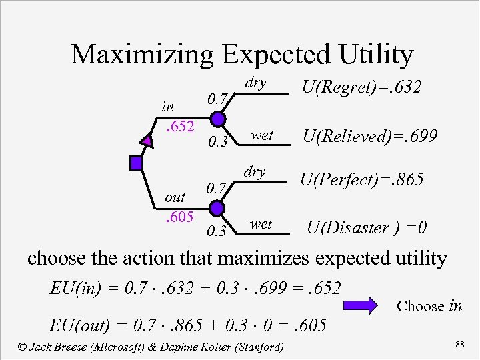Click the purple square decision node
137,162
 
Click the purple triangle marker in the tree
147,139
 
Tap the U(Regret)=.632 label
361,87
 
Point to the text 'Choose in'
429,307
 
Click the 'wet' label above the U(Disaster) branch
261,224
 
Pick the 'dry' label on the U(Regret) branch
255,83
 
